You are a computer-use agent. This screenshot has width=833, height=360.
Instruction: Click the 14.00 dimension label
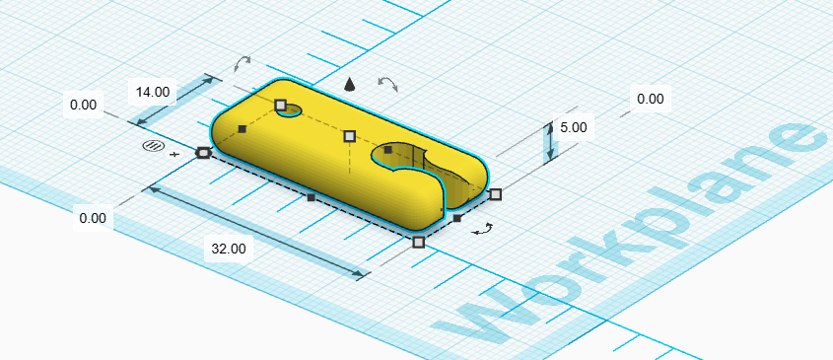tap(153, 92)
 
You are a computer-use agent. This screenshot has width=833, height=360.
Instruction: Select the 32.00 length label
tap(229, 249)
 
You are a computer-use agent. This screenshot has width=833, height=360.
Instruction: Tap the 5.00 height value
tap(573, 127)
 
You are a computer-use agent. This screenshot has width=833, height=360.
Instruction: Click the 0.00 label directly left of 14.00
tap(84, 105)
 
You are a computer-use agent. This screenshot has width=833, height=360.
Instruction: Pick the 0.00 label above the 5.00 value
tap(651, 99)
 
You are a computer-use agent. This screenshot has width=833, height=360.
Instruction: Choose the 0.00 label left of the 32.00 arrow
tap(93, 218)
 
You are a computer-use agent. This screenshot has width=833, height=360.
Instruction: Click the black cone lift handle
tap(349, 84)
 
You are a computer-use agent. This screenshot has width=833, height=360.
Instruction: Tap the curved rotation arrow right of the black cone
tap(387, 83)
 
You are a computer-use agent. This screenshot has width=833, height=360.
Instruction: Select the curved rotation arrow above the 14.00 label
tap(243, 64)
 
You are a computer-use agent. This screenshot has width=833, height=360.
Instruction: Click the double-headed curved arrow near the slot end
tap(483, 229)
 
